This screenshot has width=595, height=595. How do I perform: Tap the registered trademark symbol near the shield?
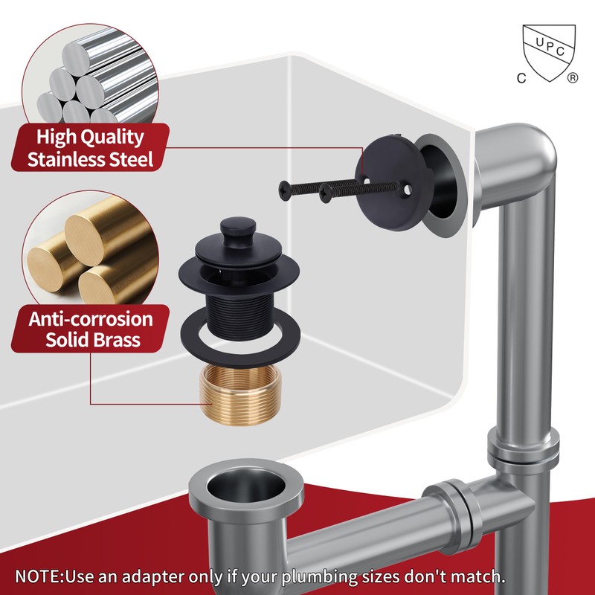[x=573, y=77]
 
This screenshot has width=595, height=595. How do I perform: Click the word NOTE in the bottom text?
[x=39, y=576]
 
